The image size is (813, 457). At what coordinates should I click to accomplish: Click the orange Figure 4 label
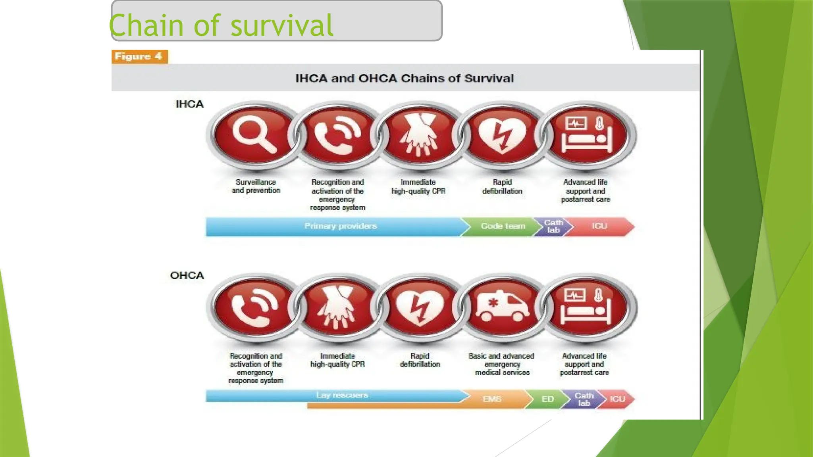139,57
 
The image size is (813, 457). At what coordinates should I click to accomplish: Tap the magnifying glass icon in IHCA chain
254,135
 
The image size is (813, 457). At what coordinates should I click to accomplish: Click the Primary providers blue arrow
340,227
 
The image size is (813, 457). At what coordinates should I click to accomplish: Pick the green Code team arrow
503,227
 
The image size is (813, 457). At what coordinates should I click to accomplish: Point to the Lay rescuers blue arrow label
341,395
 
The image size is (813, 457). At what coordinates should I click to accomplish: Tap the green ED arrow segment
547,399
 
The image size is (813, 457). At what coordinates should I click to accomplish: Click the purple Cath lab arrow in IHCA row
553,227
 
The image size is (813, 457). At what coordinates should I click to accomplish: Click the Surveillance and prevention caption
256,186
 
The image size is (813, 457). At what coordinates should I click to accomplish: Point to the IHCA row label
189,104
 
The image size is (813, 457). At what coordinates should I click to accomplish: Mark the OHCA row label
187,276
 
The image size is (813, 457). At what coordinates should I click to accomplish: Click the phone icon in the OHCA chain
254,307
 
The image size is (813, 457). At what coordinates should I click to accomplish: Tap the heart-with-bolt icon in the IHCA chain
502,135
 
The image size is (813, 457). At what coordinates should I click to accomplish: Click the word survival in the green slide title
281,26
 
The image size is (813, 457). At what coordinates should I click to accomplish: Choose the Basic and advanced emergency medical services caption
502,364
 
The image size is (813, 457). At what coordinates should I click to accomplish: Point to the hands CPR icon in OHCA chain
337,307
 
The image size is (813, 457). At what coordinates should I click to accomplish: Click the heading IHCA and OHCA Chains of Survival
404,79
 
